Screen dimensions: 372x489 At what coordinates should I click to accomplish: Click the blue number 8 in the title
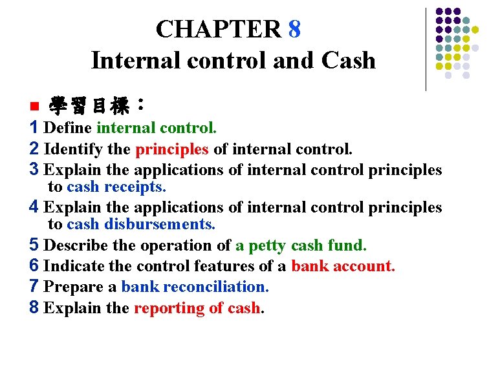pyautogui.click(x=294, y=29)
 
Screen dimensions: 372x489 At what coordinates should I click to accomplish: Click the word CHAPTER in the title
pyautogui.click(x=219, y=29)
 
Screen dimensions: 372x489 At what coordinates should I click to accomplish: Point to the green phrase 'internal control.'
pyautogui.click(x=157, y=127)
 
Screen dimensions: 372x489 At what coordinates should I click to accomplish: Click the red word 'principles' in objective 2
pyautogui.click(x=172, y=149)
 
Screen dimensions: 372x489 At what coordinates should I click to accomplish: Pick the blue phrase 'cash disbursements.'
pyautogui.click(x=141, y=224)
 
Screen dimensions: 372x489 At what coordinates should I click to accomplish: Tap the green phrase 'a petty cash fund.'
pyautogui.click(x=301, y=245)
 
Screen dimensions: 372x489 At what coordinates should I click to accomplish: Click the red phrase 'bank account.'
pyautogui.click(x=343, y=266)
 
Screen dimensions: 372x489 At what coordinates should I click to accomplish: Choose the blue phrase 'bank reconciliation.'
pyautogui.click(x=195, y=287)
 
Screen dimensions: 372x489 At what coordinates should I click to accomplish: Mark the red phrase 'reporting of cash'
pyautogui.click(x=197, y=308)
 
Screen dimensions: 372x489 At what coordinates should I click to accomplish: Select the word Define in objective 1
pyautogui.click(x=68, y=127)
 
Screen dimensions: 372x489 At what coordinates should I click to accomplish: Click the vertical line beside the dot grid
pyautogui.click(x=426, y=48)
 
